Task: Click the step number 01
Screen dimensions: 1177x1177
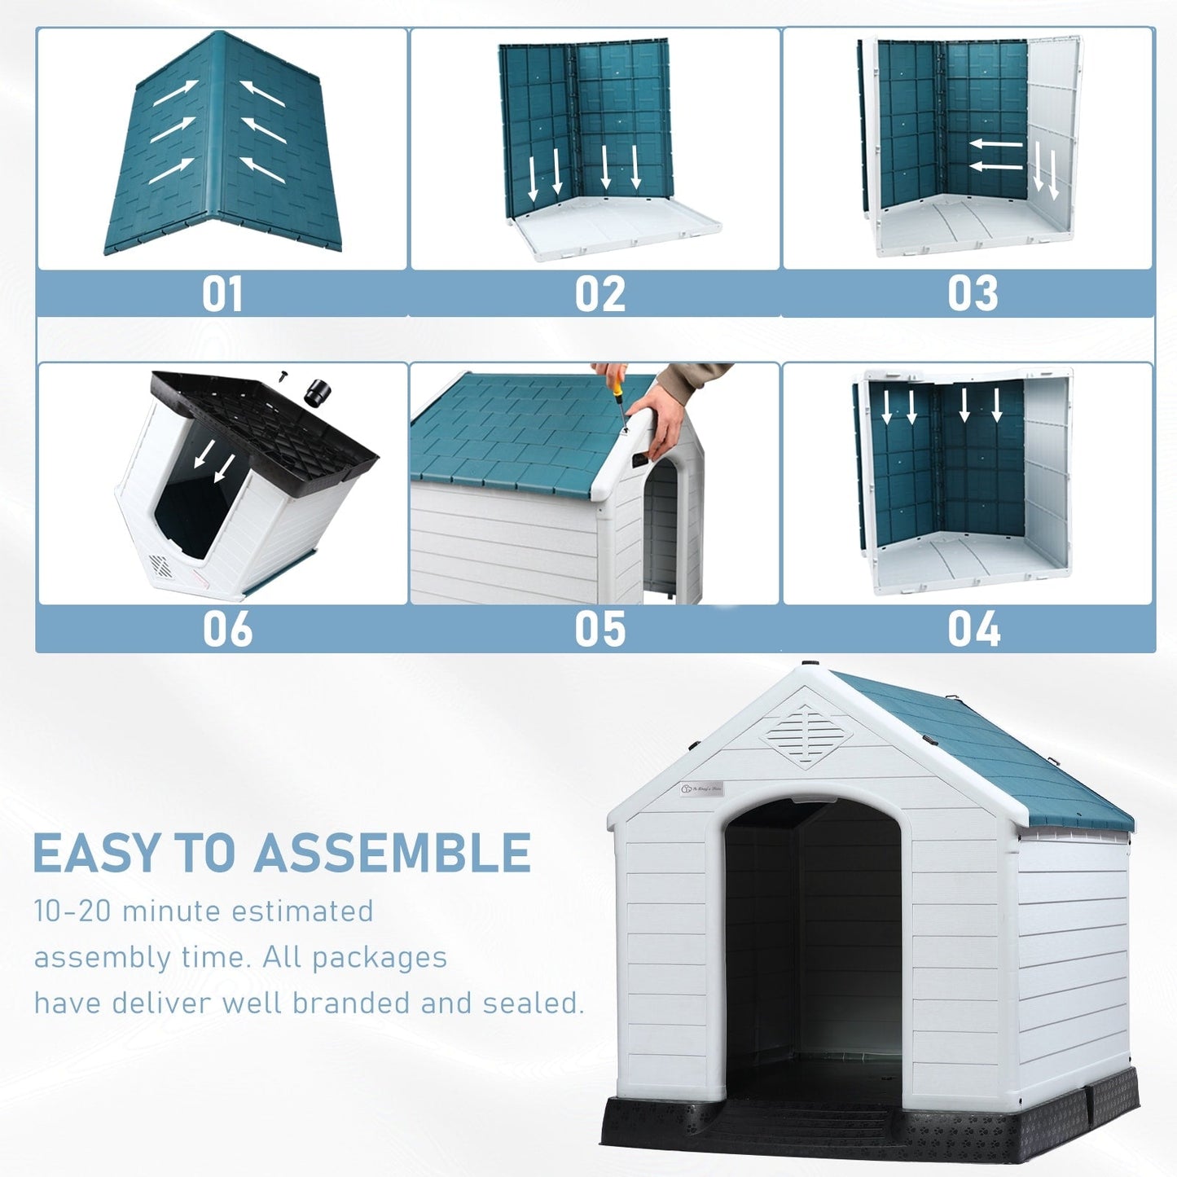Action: pos(222,294)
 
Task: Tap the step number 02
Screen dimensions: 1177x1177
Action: pos(599,294)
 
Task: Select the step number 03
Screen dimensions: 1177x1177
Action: pos(973,294)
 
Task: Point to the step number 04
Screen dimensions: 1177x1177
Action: pos(973,630)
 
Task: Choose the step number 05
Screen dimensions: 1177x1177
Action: pos(599,630)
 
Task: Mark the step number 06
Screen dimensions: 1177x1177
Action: pos(227,630)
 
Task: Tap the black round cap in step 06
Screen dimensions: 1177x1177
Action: pos(317,393)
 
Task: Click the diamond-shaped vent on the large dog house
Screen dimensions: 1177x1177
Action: pos(806,736)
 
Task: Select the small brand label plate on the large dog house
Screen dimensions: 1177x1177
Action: pos(701,788)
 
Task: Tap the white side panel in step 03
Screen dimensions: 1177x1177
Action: pos(1054,138)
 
